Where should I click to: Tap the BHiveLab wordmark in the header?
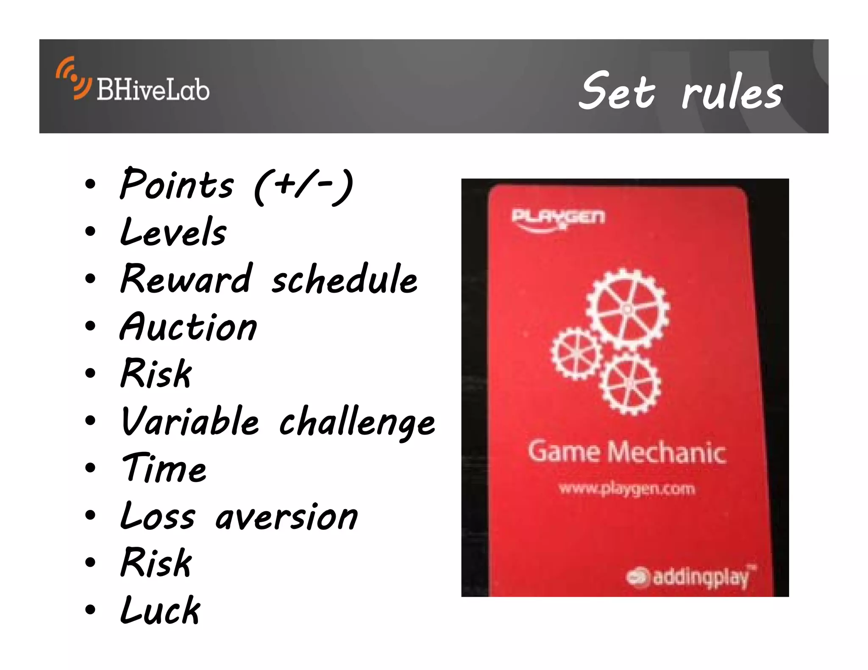click(x=153, y=90)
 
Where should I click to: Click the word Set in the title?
click(x=617, y=91)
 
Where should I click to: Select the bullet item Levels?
click(x=173, y=232)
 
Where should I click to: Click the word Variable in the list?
click(x=190, y=421)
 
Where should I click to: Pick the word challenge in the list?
click(x=357, y=423)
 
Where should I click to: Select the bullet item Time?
click(x=164, y=468)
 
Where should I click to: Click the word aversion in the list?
click(x=287, y=516)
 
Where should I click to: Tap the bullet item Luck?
click(x=160, y=610)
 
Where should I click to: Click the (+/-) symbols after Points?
click(x=303, y=187)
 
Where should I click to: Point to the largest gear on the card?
click(x=627, y=309)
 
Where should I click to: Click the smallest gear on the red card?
click(x=576, y=354)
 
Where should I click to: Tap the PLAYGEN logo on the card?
click(x=558, y=219)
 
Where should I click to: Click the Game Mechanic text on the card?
click(x=626, y=452)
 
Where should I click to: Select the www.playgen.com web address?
click(x=627, y=489)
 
